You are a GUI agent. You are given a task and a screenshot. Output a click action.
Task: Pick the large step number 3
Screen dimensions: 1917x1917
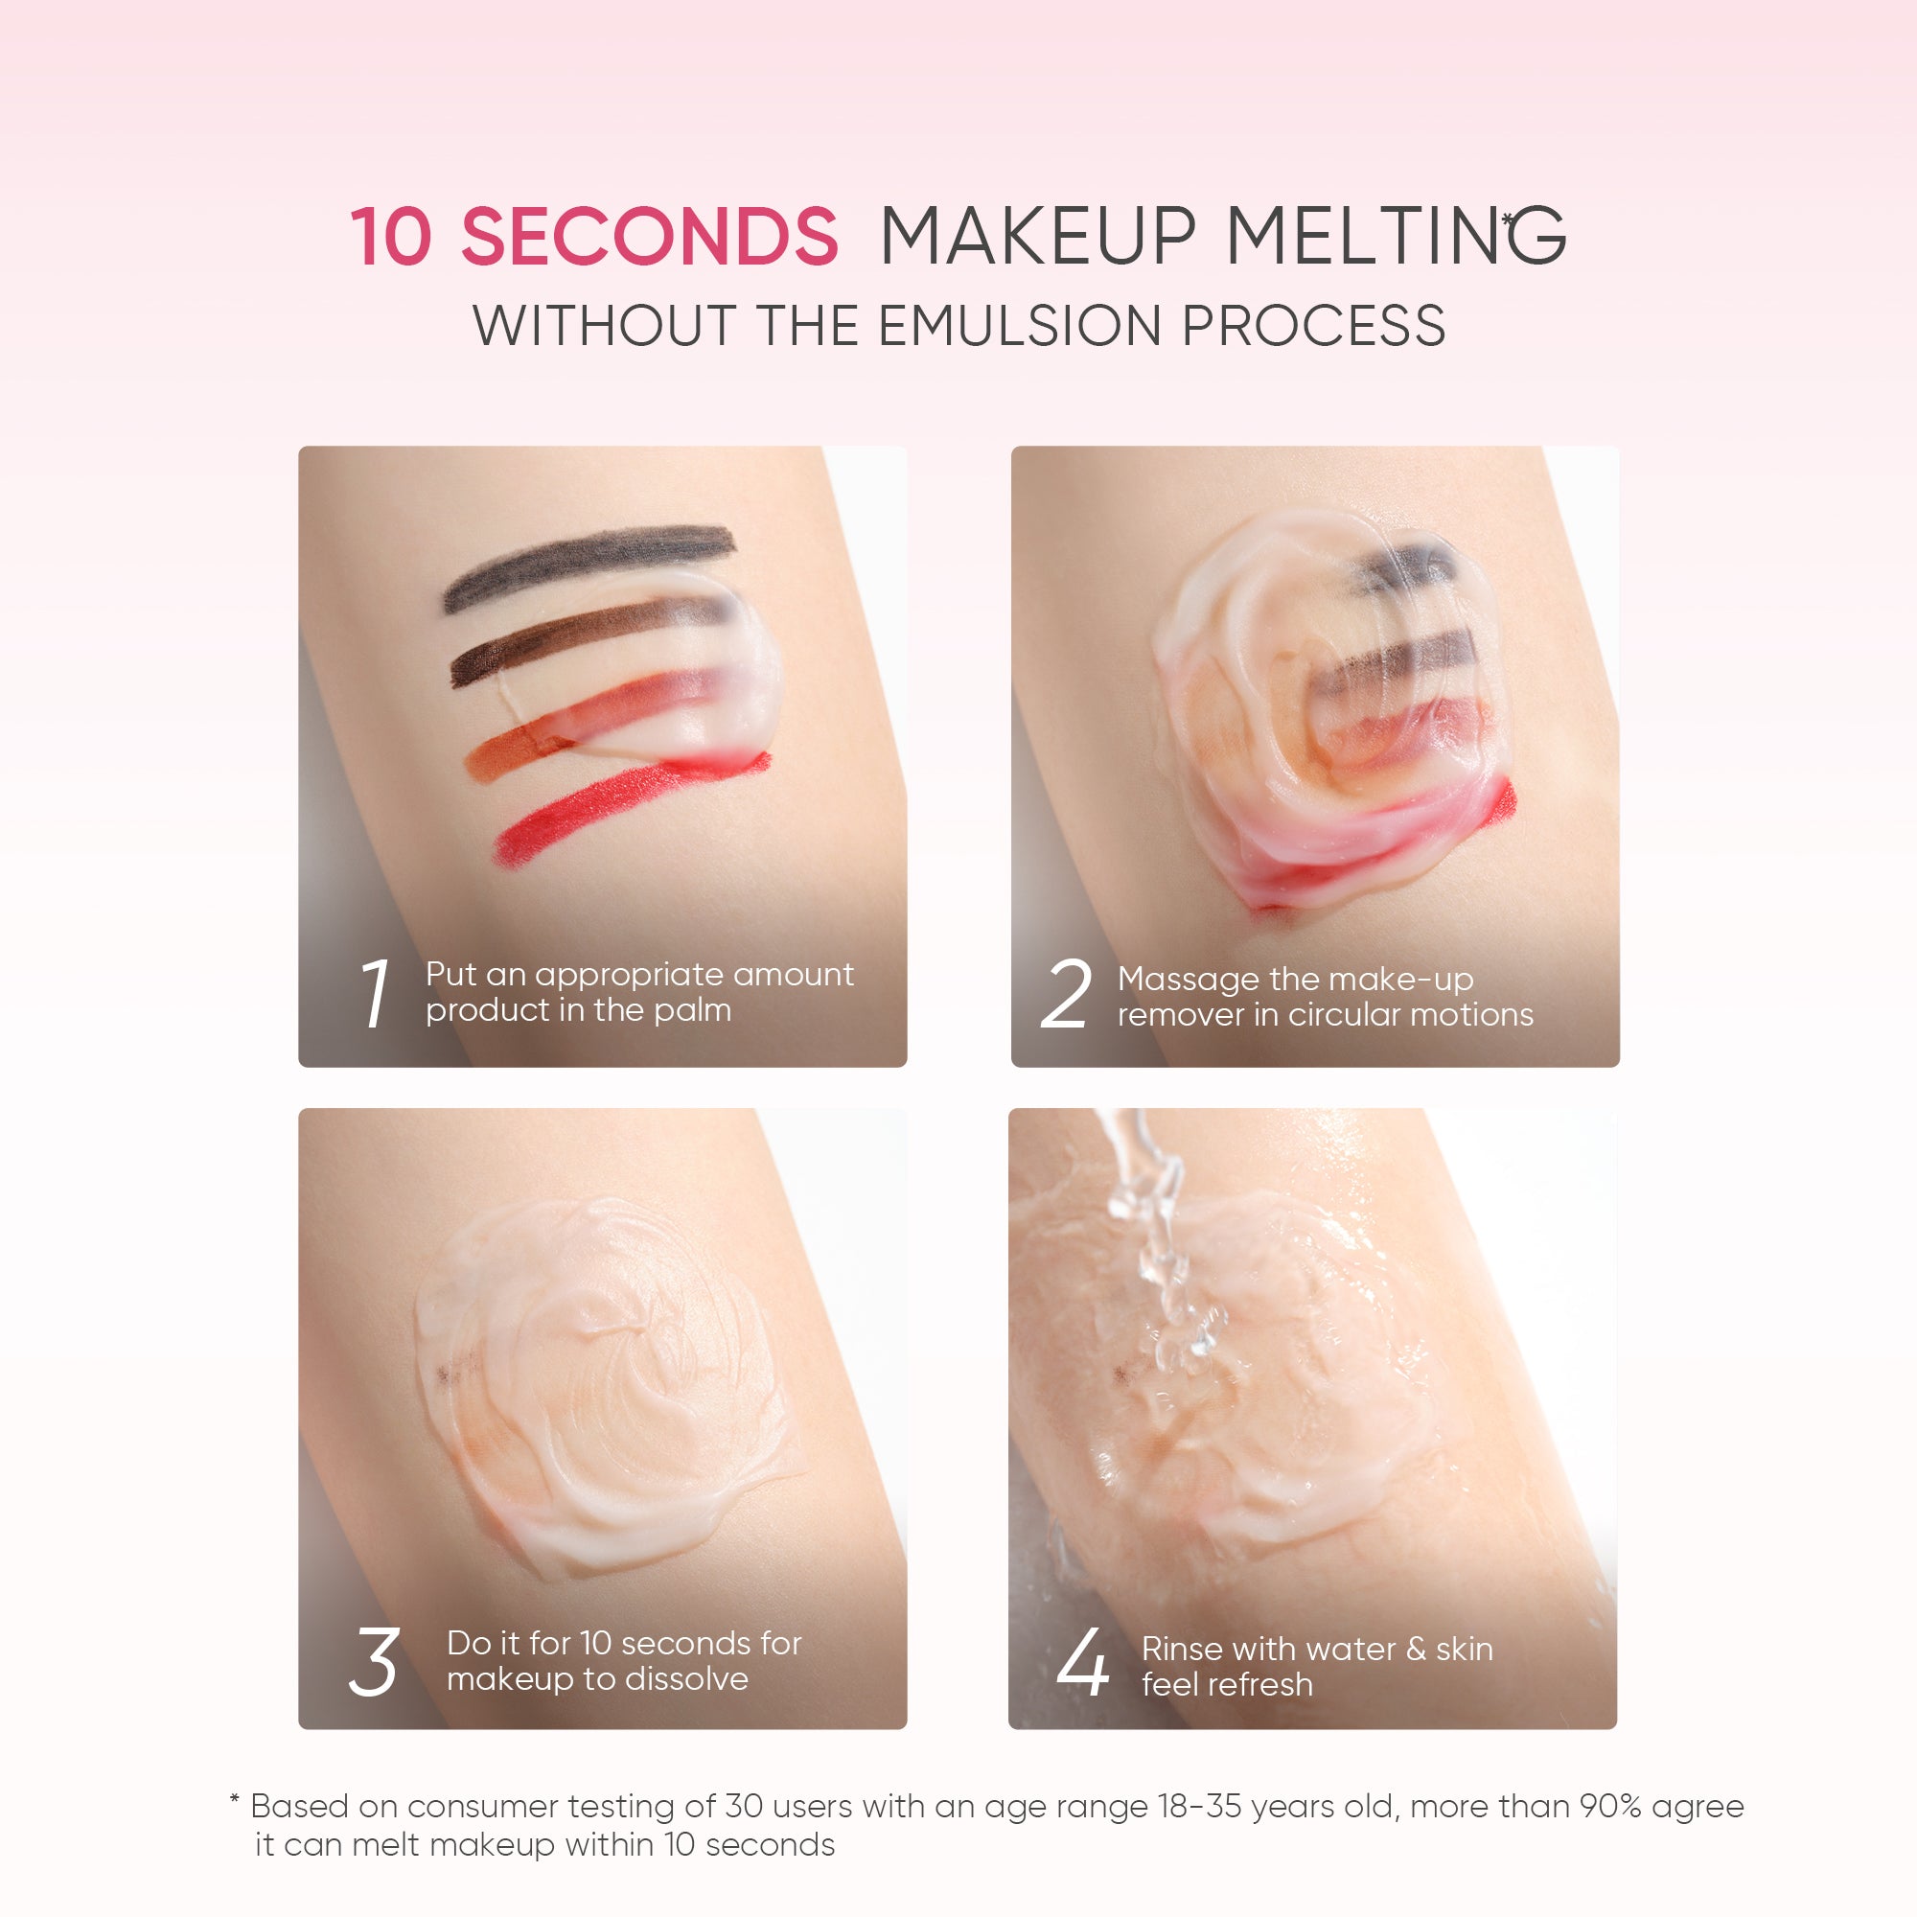point(374,1662)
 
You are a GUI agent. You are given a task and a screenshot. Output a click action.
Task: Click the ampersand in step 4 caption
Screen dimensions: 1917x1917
point(1416,1649)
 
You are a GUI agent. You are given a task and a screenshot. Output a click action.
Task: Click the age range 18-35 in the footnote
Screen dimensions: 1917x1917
point(1200,1806)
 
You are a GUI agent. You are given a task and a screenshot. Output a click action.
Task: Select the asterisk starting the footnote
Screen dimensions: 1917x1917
point(234,1800)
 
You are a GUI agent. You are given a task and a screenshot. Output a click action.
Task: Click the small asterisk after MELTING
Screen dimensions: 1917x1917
point(1507,219)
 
